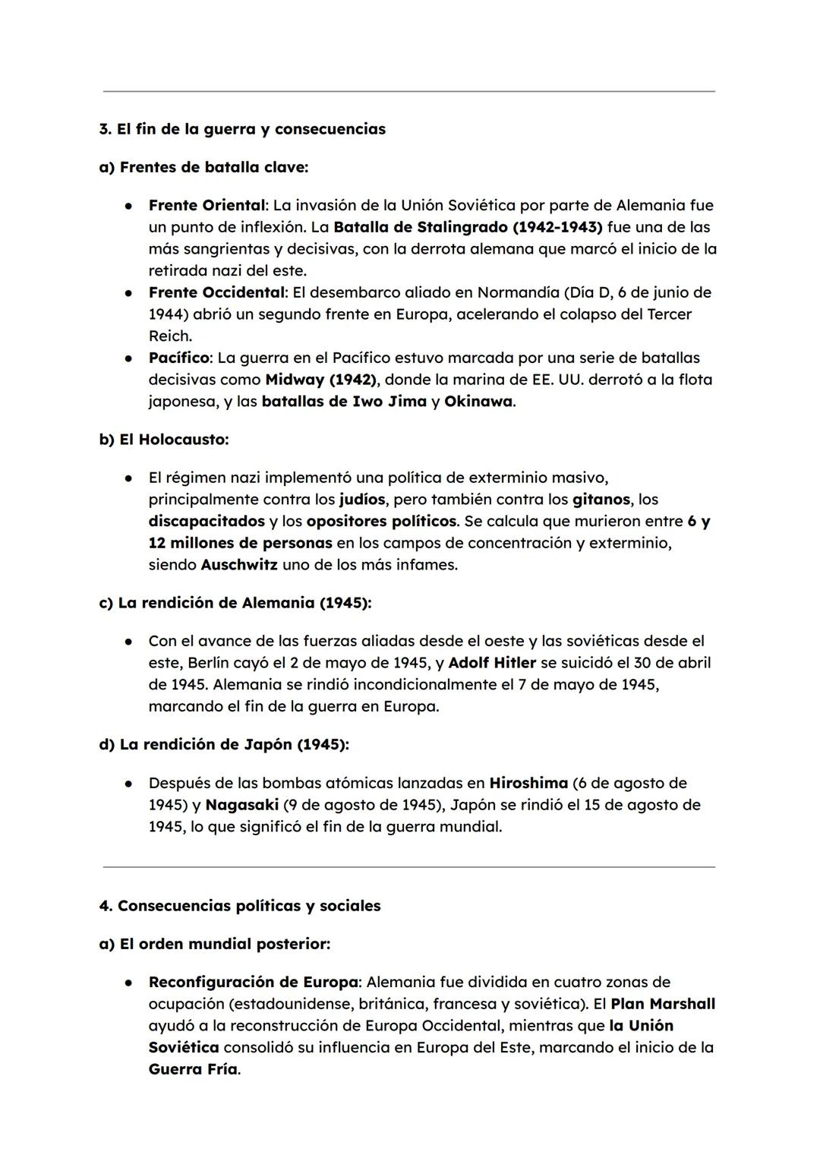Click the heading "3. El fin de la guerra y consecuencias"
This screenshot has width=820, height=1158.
pos(242,129)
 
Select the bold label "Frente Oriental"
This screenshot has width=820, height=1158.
pos(207,205)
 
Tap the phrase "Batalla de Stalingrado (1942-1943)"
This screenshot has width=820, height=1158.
pos(468,227)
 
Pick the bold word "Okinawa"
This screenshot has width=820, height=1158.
pos(478,401)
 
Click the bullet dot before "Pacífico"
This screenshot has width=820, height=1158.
pos(131,358)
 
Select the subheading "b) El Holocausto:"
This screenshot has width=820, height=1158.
pos(164,439)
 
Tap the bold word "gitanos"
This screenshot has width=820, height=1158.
pos(601,500)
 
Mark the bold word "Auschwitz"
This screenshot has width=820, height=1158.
pos(239,565)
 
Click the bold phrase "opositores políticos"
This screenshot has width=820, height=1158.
pos(382,522)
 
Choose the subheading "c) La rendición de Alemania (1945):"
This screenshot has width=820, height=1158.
pos(235,603)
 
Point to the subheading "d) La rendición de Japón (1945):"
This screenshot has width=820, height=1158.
pos(224,744)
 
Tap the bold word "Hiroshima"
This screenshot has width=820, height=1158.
pos(528,783)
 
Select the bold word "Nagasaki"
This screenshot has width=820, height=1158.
pos(242,805)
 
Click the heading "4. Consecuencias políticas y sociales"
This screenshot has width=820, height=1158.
pos(240,906)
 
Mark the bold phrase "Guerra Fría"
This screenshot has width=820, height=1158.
pos(193,1069)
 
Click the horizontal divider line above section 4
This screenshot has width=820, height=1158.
pos(408,866)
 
